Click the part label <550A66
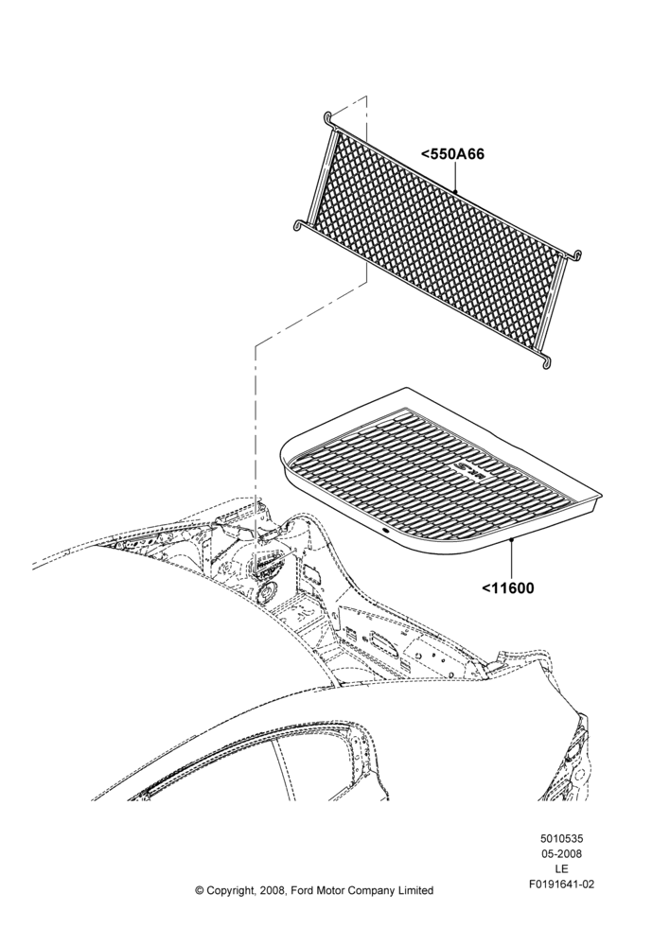click(x=452, y=154)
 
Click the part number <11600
click(x=507, y=587)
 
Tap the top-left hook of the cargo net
click(x=328, y=119)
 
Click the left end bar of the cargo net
click(x=319, y=175)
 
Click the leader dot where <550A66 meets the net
click(x=455, y=192)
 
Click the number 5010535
click(x=561, y=838)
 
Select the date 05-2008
click(x=561, y=853)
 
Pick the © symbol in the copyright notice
click(x=200, y=890)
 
